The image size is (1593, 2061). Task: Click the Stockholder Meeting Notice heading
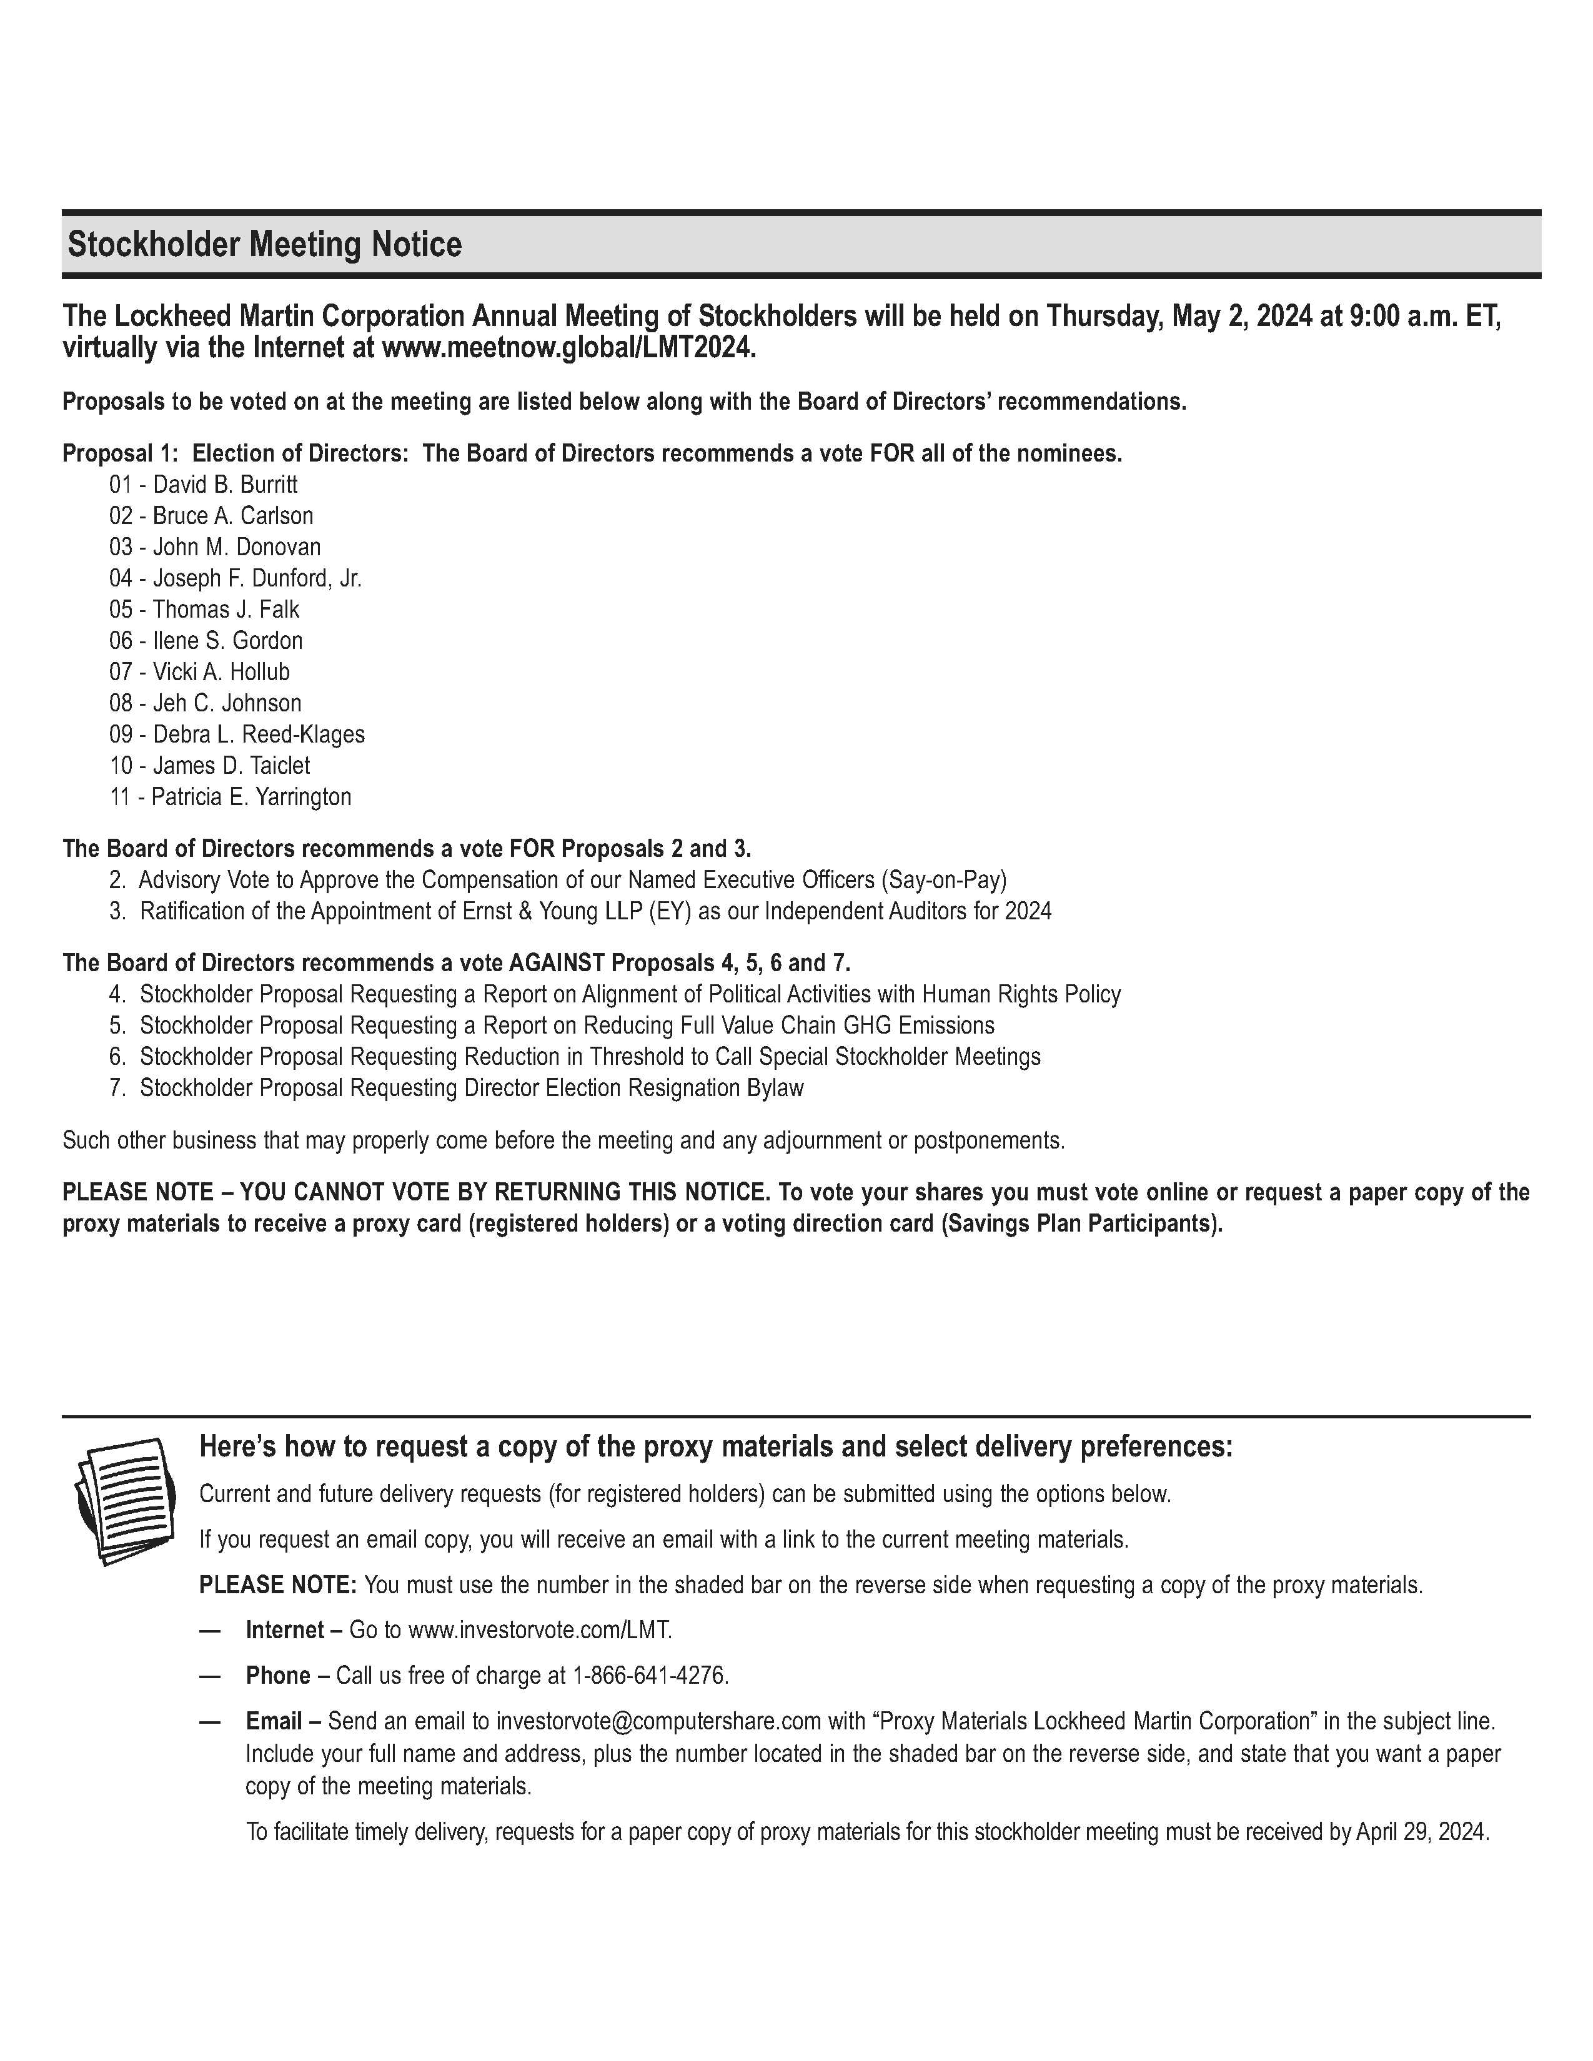point(264,244)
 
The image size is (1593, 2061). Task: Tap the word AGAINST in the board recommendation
point(557,964)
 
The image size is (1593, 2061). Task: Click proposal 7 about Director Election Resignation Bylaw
point(471,1088)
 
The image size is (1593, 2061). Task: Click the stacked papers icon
point(124,1500)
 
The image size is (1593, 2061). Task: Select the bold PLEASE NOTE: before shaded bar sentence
point(277,1584)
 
